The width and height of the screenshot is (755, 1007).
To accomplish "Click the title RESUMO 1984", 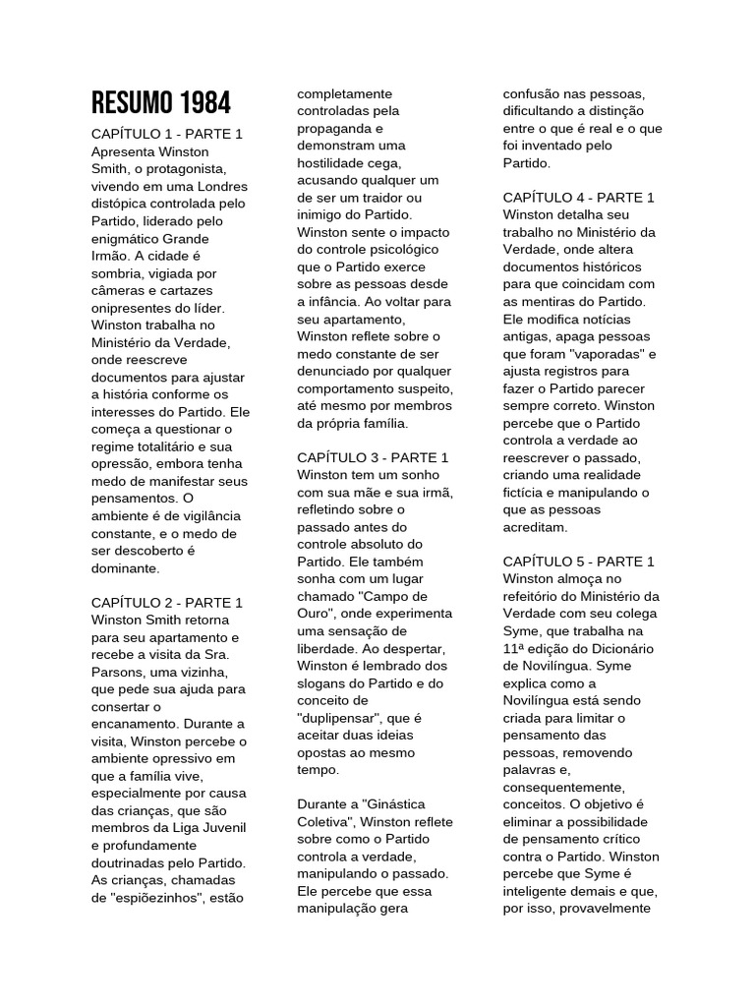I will pos(161,101).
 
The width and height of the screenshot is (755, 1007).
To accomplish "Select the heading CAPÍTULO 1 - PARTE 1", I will pos(166,134).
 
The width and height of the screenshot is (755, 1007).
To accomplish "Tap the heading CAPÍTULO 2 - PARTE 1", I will pos(166,602).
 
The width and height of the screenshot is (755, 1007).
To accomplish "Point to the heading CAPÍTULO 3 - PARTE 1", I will pos(373,457).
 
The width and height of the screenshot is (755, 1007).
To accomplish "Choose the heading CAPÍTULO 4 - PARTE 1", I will pos(578,198).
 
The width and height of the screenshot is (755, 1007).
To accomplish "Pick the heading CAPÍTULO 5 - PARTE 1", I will pos(578,562).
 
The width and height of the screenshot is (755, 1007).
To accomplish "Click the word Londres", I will pos(219,186).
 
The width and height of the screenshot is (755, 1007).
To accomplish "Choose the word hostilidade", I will pos(336,162).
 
